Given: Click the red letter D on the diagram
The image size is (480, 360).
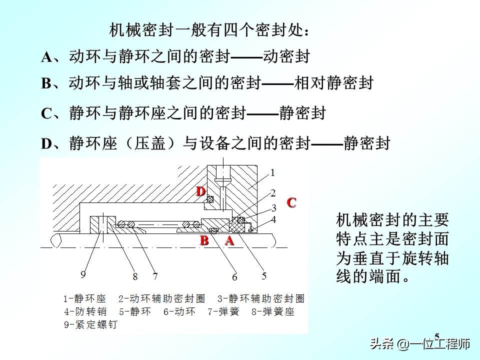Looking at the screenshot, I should tap(201, 191).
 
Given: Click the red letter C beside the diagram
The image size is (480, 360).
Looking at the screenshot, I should tap(291, 202).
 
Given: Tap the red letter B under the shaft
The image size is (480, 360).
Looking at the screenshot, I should tap(204, 240).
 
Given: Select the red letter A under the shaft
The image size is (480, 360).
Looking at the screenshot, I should tap(229, 240).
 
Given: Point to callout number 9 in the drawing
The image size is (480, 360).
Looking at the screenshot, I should tap(83, 274).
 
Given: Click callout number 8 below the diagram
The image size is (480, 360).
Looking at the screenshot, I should tap(135, 276).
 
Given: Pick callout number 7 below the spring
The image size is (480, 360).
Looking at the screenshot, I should tap(155, 276).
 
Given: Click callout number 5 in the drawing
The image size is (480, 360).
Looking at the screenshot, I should tap(264, 275).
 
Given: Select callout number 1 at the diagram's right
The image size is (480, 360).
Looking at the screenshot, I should tap(273, 173).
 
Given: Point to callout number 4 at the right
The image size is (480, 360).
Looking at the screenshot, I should tap(273, 219).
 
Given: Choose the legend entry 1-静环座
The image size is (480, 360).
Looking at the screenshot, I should tap(84, 299).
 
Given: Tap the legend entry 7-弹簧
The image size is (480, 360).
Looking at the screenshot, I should tap(223, 312).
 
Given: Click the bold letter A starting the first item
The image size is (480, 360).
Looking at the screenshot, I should tap(46, 57).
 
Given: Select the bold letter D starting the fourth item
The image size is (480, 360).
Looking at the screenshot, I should tap(46, 144).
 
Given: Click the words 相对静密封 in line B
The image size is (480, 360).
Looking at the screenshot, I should tap(334, 83).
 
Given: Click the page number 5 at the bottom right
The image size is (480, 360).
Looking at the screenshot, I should tap(437, 336).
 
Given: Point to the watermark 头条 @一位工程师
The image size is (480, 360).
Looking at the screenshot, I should tap(420, 344).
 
